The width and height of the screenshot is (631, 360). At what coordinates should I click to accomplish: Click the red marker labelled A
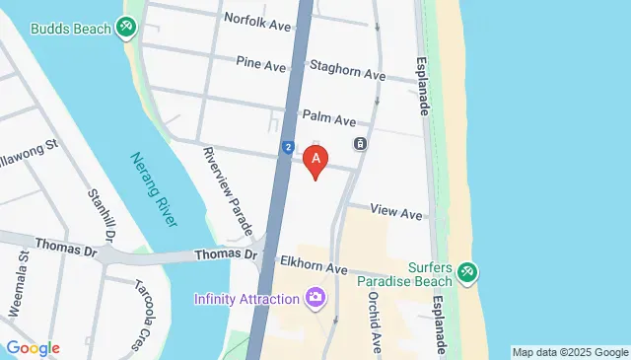pyautogui.click(x=315, y=159)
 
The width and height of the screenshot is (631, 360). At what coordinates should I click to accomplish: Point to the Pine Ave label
pyautogui.click(x=260, y=63)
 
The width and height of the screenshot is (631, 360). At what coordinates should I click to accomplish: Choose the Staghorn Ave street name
pyautogui.click(x=346, y=73)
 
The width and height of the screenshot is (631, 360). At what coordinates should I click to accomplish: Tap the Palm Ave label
pyautogui.click(x=329, y=119)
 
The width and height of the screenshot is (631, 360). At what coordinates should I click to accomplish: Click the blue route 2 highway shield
pyautogui.click(x=286, y=147)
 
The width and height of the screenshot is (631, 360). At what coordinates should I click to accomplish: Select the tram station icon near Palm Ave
pyautogui.click(x=361, y=144)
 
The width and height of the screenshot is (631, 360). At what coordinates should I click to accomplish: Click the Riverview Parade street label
pyautogui.click(x=227, y=191)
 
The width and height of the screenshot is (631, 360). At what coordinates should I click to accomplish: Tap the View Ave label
pyautogui.click(x=396, y=213)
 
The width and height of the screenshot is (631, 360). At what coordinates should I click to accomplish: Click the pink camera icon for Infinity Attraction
pyautogui.click(x=315, y=297)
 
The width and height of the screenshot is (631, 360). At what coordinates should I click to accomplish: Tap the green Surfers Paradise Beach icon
pyautogui.click(x=467, y=272)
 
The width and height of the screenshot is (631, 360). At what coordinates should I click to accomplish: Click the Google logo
pyautogui.click(x=32, y=348)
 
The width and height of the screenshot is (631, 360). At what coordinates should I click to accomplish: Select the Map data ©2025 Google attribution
pyautogui.click(x=569, y=352)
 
